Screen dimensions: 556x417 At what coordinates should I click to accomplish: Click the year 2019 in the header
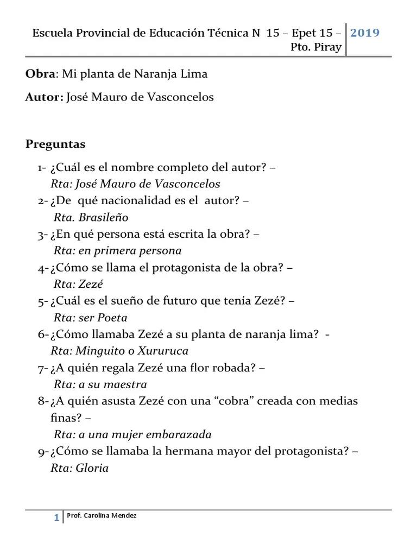[364, 33]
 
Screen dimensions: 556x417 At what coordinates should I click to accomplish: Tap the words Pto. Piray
[316, 47]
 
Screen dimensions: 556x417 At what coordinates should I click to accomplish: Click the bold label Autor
[43, 97]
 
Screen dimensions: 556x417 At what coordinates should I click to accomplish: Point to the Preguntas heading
[55, 144]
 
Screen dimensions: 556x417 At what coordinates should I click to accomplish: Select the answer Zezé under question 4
[91, 284]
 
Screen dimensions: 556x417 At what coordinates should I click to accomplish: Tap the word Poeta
[112, 318]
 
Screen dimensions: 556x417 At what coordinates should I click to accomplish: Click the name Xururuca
[162, 351]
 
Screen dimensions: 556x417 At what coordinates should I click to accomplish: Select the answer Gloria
[92, 468]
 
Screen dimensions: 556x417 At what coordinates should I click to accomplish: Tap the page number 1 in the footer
[56, 518]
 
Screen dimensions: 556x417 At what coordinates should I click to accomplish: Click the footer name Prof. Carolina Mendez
[101, 515]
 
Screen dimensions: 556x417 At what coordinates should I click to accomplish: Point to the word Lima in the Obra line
[195, 74]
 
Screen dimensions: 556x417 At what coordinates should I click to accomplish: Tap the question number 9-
[43, 452]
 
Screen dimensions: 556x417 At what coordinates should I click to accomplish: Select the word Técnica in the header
[229, 33]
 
